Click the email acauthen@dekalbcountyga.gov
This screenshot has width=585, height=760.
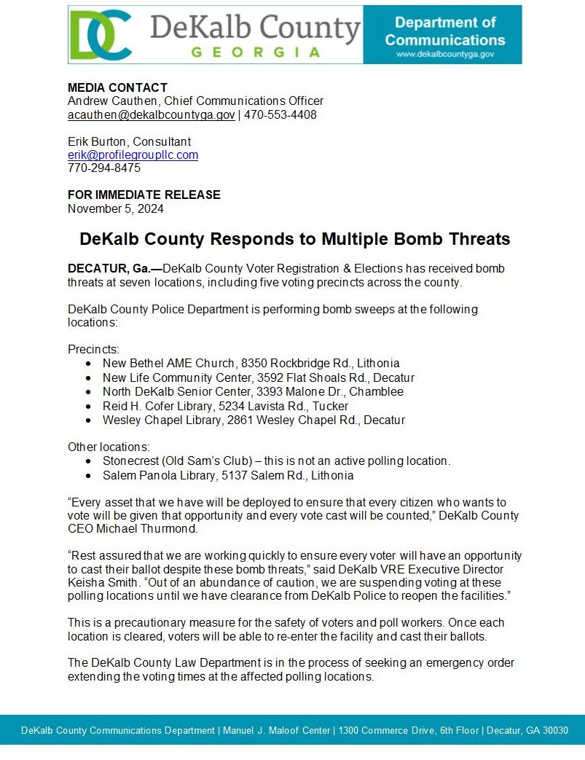click(x=152, y=115)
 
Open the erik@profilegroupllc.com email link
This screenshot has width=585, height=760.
click(x=133, y=155)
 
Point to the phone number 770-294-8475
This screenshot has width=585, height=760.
click(x=104, y=168)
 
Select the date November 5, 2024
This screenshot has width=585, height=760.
click(x=115, y=208)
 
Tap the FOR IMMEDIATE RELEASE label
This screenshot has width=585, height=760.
click(x=144, y=195)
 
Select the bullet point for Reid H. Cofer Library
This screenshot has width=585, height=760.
click(x=88, y=406)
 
